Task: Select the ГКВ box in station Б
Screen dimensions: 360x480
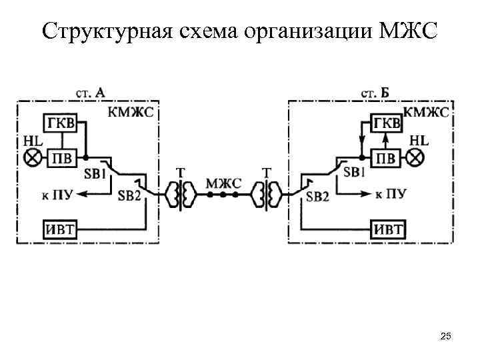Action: pyautogui.click(x=387, y=124)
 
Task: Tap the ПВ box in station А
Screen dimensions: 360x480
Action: pyautogui.click(x=61, y=158)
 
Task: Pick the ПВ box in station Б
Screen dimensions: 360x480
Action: pyautogui.click(x=387, y=158)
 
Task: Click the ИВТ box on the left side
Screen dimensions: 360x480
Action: pyautogui.click(x=60, y=229)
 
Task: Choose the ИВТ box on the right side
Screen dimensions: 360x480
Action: pyautogui.click(x=387, y=229)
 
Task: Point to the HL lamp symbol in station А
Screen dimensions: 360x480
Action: pyautogui.click(x=31, y=158)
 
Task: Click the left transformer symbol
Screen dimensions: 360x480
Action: pyautogui.click(x=180, y=195)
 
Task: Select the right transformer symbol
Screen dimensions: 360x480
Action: pyautogui.click(x=267, y=195)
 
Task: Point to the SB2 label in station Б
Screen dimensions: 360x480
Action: pyautogui.click(x=318, y=196)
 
